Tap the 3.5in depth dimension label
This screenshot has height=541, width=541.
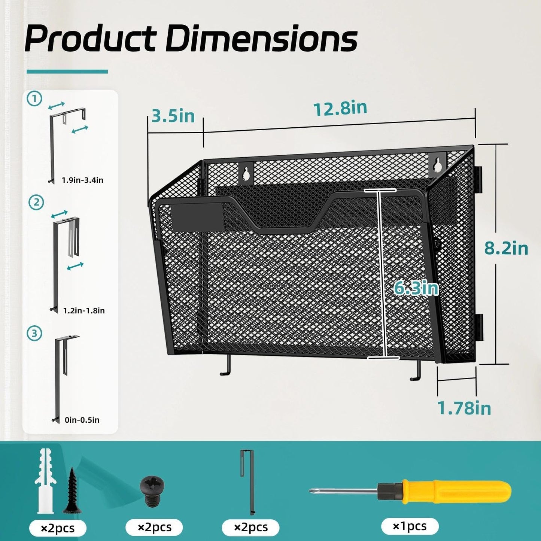coord(173,116)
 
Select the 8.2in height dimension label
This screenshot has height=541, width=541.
coord(506,249)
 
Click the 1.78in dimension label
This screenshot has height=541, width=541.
coord(464,408)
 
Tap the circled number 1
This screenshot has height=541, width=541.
coord(34,99)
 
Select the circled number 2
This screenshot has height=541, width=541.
coord(36,203)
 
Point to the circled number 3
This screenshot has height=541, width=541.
coord(34,334)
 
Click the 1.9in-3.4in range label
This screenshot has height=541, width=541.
coord(82,180)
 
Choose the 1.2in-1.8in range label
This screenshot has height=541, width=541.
coord(84,311)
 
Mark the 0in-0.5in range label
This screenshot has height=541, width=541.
coord(82,420)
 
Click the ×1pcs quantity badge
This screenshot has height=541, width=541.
coord(410,526)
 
